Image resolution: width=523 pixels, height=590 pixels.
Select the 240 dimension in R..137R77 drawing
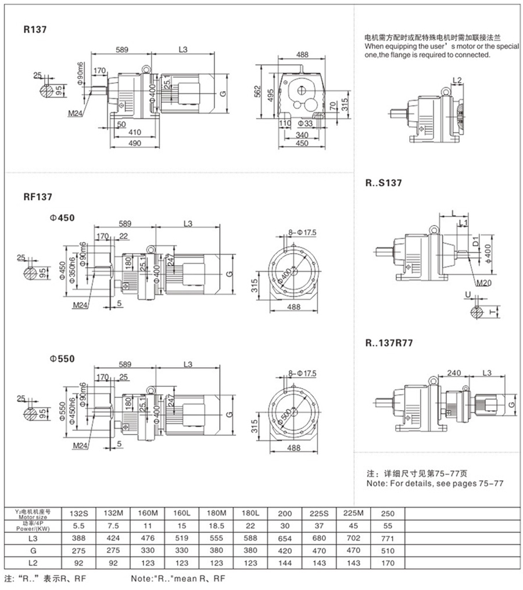[x=455, y=373]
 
